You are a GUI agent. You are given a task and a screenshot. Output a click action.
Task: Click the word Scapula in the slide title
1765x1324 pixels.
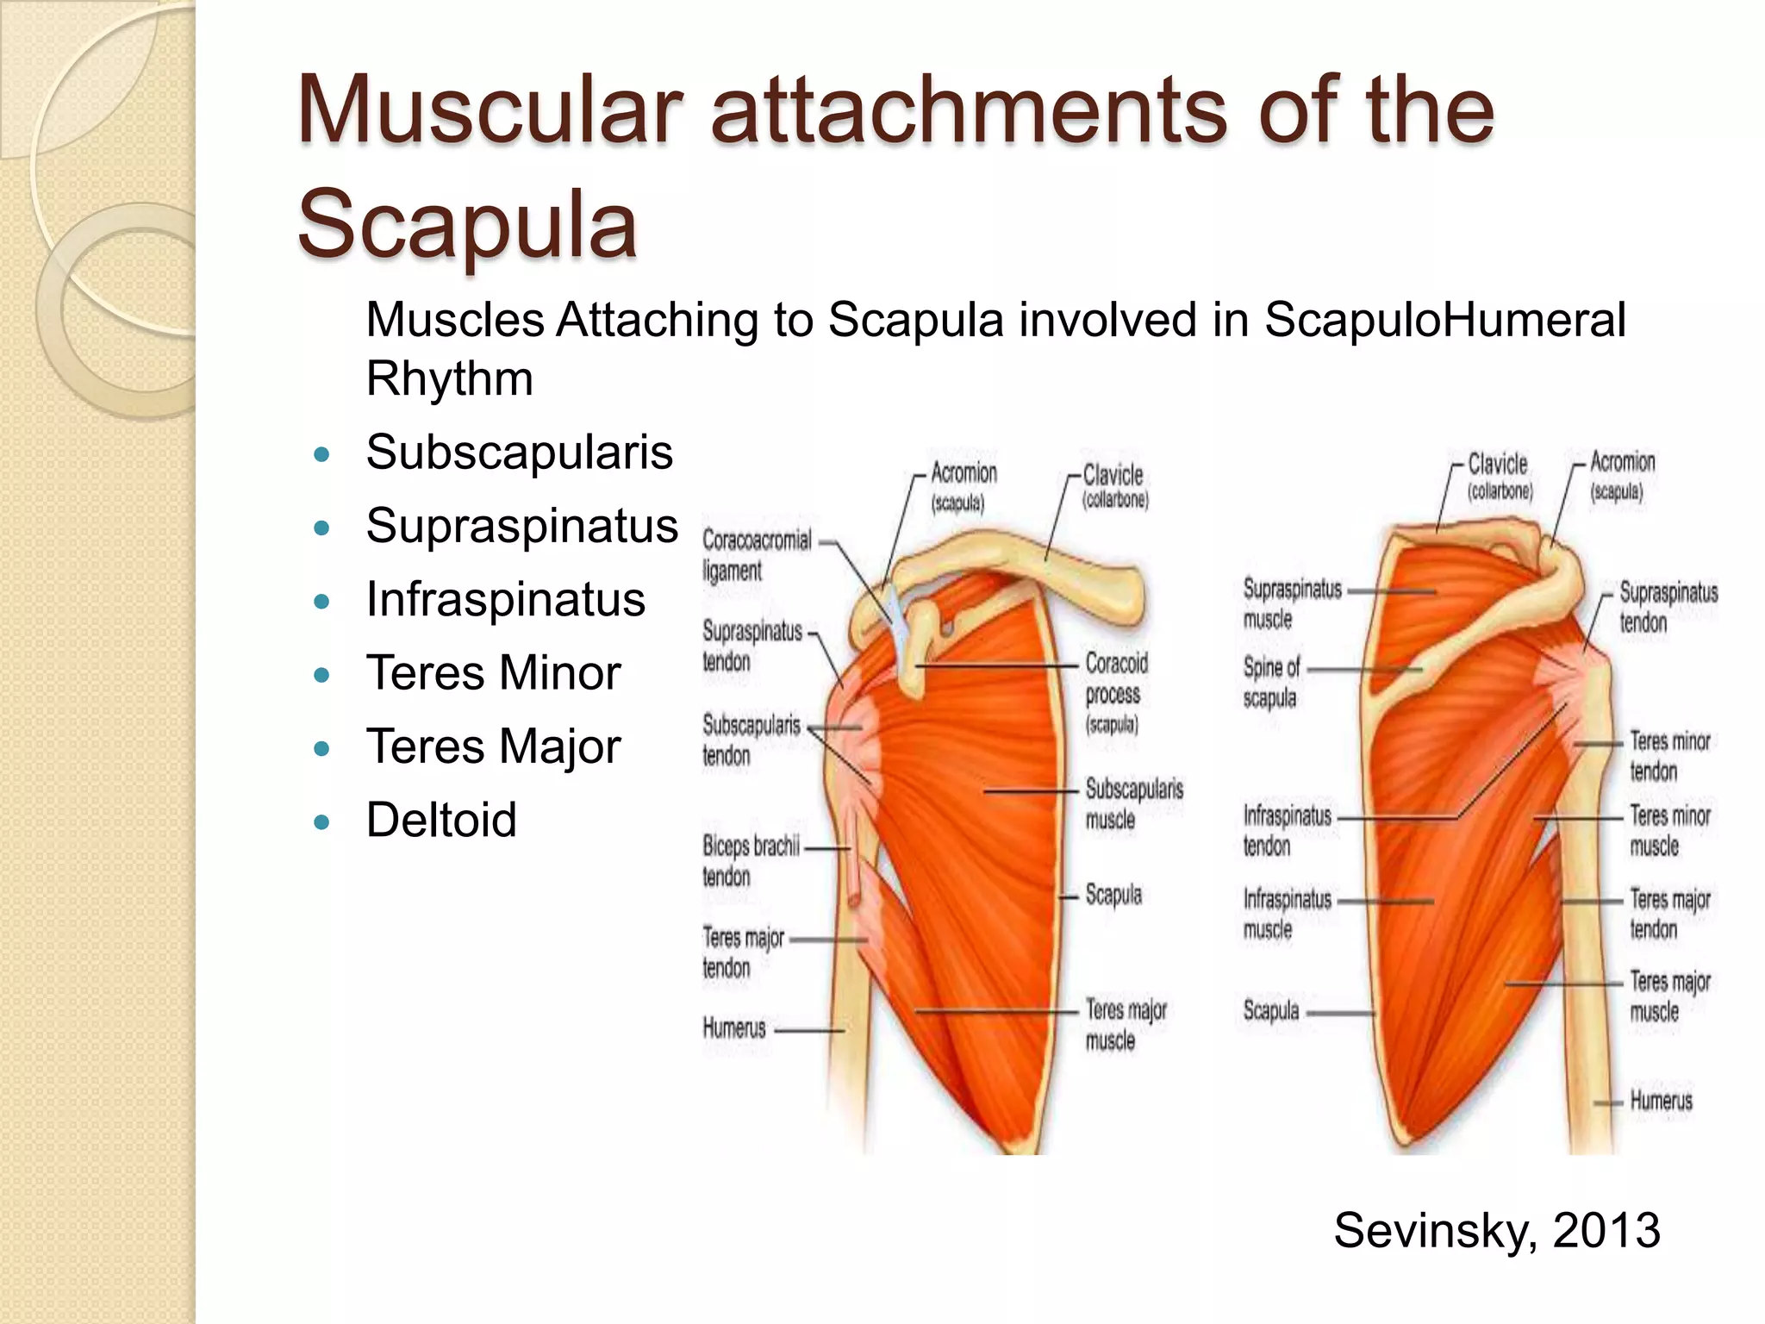[467, 223]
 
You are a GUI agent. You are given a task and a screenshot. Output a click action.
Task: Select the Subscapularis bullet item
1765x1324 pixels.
[519, 452]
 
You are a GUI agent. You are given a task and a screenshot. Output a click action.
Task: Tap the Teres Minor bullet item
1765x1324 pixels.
[493, 672]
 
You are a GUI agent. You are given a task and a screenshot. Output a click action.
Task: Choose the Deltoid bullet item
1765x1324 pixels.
[441, 819]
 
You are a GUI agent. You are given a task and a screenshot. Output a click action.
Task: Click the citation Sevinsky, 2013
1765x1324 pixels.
[1496, 1229]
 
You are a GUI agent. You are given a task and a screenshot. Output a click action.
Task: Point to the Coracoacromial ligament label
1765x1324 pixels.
[756, 555]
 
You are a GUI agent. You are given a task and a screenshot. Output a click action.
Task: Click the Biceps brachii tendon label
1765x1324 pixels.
[750, 861]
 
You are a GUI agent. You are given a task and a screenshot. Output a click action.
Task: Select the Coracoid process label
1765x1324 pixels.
[1116, 692]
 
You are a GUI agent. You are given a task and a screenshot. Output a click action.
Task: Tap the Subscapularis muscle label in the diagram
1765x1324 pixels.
[1133, 803]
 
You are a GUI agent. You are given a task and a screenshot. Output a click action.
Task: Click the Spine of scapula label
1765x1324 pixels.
[1271, 682]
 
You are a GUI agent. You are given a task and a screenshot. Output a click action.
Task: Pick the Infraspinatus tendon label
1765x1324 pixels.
[1287, 830]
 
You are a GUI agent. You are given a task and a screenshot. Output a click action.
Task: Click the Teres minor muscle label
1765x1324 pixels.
[1669, 830]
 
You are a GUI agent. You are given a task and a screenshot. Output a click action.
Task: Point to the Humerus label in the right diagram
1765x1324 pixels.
[1661, 1101]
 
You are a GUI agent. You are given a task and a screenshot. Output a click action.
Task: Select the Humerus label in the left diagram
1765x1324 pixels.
[734, 1027]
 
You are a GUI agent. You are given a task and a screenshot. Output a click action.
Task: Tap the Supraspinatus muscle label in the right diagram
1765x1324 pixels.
[1292, 603]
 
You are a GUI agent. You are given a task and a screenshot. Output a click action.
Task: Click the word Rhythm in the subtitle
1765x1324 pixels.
[449, 378]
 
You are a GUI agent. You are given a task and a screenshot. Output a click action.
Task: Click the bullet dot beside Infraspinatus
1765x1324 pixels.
[322, 601]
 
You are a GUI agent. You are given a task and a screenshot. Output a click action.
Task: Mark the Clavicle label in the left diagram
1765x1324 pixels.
[1114, 485]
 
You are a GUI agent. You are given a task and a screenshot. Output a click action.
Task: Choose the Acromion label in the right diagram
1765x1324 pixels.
[1622, 474]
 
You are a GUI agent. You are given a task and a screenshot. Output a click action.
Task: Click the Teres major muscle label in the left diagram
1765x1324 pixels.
[1125, 1025]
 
